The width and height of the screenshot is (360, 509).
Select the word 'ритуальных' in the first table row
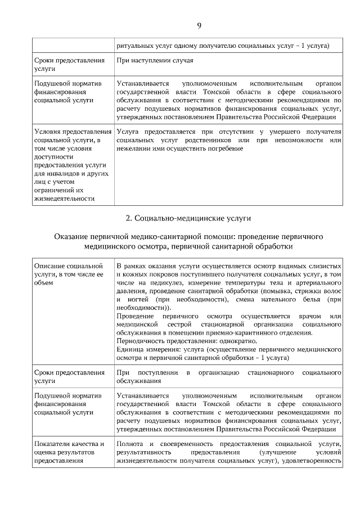point(134,46)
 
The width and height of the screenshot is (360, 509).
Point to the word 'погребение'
point(225,148)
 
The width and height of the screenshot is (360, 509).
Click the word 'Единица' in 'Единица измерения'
point(130,350)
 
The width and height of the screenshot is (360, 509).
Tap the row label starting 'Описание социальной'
point(68,265)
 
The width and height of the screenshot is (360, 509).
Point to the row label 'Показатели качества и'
point(69,444)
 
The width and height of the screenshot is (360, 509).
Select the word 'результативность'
point(144,452)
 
